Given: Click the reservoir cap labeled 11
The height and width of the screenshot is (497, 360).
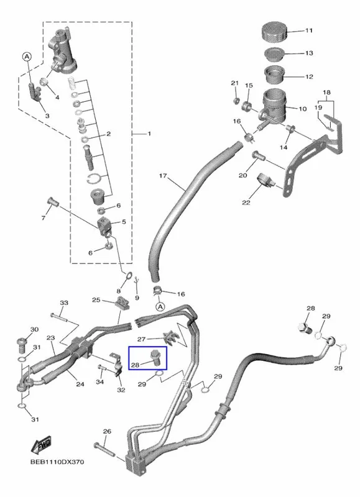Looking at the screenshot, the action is pos(274,32).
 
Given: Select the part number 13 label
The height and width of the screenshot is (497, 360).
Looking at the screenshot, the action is pos(309,53).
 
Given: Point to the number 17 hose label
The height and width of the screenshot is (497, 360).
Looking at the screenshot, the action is pos(163,176).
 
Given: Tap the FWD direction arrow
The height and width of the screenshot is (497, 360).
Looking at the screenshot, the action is pos(41,445).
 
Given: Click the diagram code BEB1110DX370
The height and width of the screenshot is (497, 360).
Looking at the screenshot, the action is pos(57,462).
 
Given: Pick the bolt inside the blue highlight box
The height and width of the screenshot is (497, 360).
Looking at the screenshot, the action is pos(155,358).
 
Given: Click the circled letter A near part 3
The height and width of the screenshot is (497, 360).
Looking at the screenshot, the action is pos(27,57).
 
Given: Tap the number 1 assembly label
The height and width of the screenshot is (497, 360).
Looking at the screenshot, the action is pos(149,134).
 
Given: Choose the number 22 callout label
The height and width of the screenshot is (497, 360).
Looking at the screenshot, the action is pos(246,203).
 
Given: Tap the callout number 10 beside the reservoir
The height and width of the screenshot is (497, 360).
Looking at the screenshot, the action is pos(303,109).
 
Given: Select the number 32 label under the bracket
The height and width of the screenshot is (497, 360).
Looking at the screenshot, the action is pos(121,390).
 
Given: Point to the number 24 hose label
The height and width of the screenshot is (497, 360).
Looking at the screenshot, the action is pos(80,384).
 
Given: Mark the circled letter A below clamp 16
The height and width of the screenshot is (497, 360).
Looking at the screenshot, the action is pos(160,306).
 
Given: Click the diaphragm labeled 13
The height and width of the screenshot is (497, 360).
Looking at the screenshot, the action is pos(275,54).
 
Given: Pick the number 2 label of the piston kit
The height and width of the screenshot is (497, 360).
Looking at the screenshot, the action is pos(108,134).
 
